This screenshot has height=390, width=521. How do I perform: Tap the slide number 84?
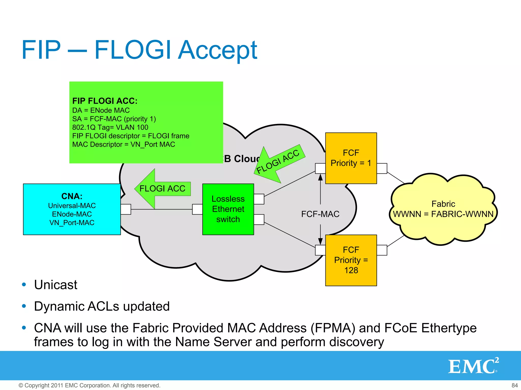514,385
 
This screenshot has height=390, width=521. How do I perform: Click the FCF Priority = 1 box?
351,158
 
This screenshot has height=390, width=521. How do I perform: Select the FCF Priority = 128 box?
351,260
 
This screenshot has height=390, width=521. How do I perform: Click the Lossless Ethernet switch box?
228,209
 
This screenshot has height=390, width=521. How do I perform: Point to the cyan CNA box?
72,209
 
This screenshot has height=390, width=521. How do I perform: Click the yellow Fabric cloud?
443,209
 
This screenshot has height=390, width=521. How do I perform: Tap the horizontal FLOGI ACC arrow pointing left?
162,189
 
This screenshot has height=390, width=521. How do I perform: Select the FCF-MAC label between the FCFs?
320,214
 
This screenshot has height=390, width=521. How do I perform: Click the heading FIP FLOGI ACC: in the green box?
105,101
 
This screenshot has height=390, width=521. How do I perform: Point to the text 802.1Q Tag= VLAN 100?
110,127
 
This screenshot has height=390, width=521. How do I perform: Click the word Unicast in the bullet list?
55,285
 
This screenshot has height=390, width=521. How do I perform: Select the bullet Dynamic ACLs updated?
102,306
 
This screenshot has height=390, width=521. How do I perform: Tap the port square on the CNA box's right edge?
126,209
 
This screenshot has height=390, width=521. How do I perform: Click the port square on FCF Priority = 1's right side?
382,168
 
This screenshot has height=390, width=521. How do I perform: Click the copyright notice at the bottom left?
89,385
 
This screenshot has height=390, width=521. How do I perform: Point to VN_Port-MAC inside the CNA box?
72,223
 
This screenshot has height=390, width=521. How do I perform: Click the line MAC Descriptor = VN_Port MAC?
124,144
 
